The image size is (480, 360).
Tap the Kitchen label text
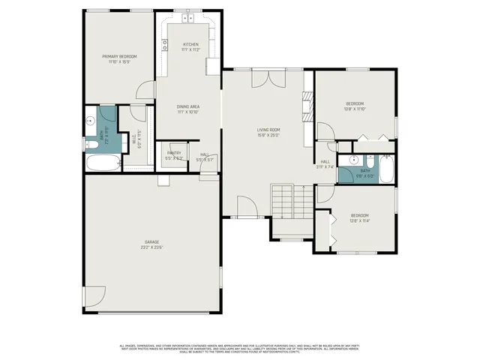[191, 46]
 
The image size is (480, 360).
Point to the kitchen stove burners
[164, 45]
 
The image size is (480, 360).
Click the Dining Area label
[187, 109]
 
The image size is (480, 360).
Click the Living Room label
[268, 132]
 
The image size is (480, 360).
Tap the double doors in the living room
[268, 79]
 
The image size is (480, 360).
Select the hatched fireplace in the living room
[306, 105]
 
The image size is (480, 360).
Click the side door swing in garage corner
[94, 298]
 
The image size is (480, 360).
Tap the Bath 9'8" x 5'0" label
[365, 173]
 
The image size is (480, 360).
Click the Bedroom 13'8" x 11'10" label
[355, 106]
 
